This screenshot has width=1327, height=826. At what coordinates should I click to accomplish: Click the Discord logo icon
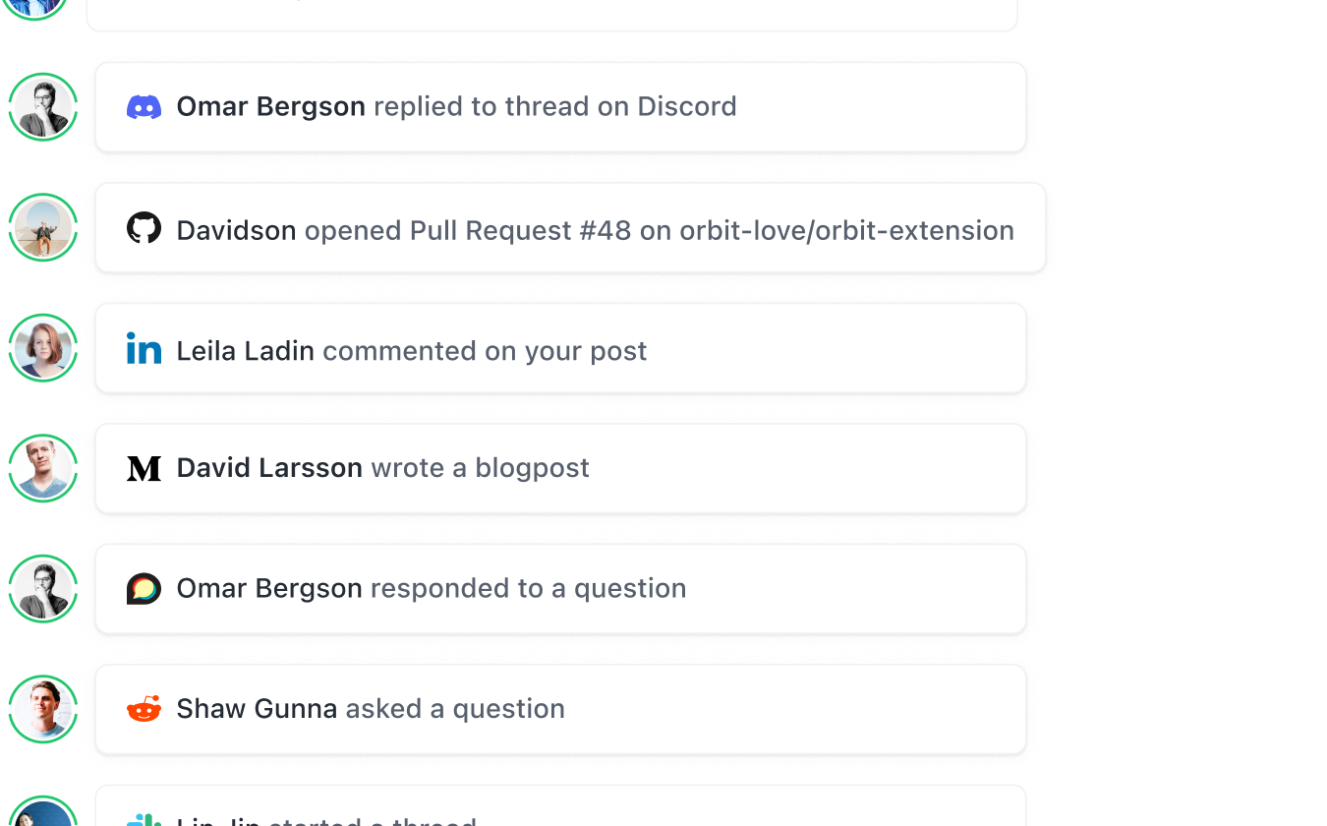[x=144, y=106]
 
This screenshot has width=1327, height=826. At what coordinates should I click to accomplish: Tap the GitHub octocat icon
[x=144, y=229]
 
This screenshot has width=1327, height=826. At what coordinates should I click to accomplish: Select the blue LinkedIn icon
[x=144, y=349]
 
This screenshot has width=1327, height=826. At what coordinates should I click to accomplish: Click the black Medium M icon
[x=144, y=468]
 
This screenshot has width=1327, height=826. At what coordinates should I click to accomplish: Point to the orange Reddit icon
[x=144, y=708]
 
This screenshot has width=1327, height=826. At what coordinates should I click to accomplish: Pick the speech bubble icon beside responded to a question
[x=144, y=588]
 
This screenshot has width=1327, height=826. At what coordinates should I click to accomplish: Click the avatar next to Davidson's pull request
[x=43, y=227]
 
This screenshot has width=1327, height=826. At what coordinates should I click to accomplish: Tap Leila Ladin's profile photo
[x=43, y=348]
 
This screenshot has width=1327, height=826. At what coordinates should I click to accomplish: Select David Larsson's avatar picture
[x=43, y=468]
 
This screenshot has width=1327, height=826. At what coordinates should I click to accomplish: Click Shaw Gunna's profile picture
[x=43, y=709]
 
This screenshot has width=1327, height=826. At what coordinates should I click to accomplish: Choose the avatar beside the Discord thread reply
[x=43, y=106]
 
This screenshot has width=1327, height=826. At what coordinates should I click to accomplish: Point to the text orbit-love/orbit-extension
[x=846, y=230]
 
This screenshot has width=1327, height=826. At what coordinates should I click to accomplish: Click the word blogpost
[x=532, y=468]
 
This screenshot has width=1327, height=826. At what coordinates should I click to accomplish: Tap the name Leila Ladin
[x=245, y=351]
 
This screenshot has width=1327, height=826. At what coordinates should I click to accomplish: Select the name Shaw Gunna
[x=257, y=709]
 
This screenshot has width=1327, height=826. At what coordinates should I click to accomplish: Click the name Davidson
[x=236, y=230]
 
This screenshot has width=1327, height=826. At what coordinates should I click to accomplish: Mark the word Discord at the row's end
[x=686, y=106]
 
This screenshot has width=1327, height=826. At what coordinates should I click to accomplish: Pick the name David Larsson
[x=269, y=468]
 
